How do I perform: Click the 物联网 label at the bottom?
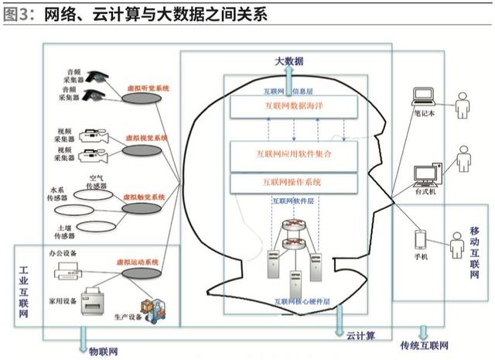pyautogui.click(x=102, y=350)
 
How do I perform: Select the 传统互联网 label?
pyautogui.click(x=423, y=345)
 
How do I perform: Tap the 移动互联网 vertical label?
pyautogui.click(x=475, y=252)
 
